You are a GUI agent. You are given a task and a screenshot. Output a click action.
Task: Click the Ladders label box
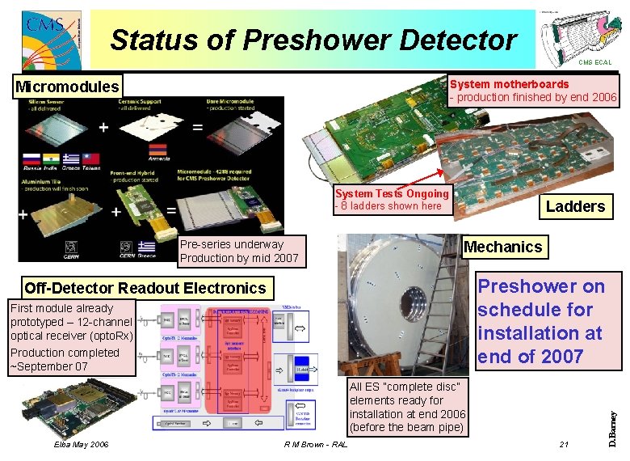[x=575, y=206]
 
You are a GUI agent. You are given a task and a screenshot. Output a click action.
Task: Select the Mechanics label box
[x=502, y=247]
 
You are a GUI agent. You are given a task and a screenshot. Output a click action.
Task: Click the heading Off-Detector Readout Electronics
[x=145, y=288]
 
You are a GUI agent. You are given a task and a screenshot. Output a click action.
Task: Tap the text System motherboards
[x=509, y=84]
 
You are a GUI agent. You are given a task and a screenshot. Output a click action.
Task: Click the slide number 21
[x=564, y=445]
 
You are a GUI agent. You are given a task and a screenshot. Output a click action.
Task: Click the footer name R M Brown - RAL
[x=317, y=445]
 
